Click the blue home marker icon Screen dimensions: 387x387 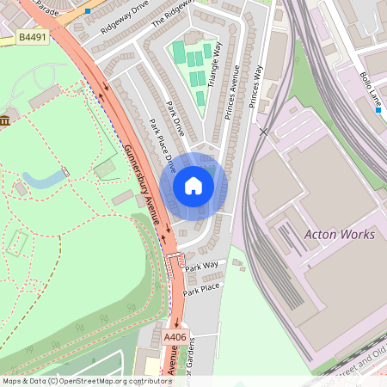click(193, 186)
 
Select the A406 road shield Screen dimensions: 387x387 click(175, 337)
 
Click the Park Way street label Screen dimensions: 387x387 click(201, 267)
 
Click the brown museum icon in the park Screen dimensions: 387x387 click(5, 120)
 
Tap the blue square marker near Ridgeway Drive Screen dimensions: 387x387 click(88, 11)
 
